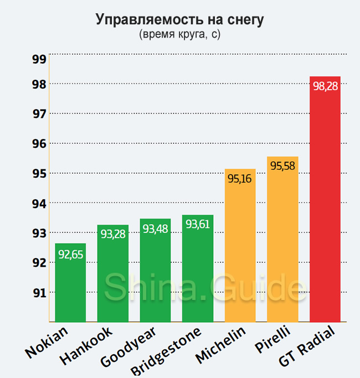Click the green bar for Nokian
click(x=70, y=288)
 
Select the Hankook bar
click(x=112, y=277)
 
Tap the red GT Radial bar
click(x=325, y=205)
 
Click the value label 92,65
click(x=71, y=255)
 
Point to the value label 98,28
click(x=325, y=86)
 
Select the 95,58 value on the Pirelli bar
click(x=282, y=165)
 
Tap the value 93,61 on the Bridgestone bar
click(x=198, y=224)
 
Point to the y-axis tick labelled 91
click(x=38, y=293)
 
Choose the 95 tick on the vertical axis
click(x=38, y=174)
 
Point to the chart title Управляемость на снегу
click(x=180, y=20)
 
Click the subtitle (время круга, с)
click(x=180, y=34)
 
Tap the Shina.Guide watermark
click(x=198, y=288)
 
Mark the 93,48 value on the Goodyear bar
click(x=156, y=228)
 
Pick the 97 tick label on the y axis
click(x=38, y=114)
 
